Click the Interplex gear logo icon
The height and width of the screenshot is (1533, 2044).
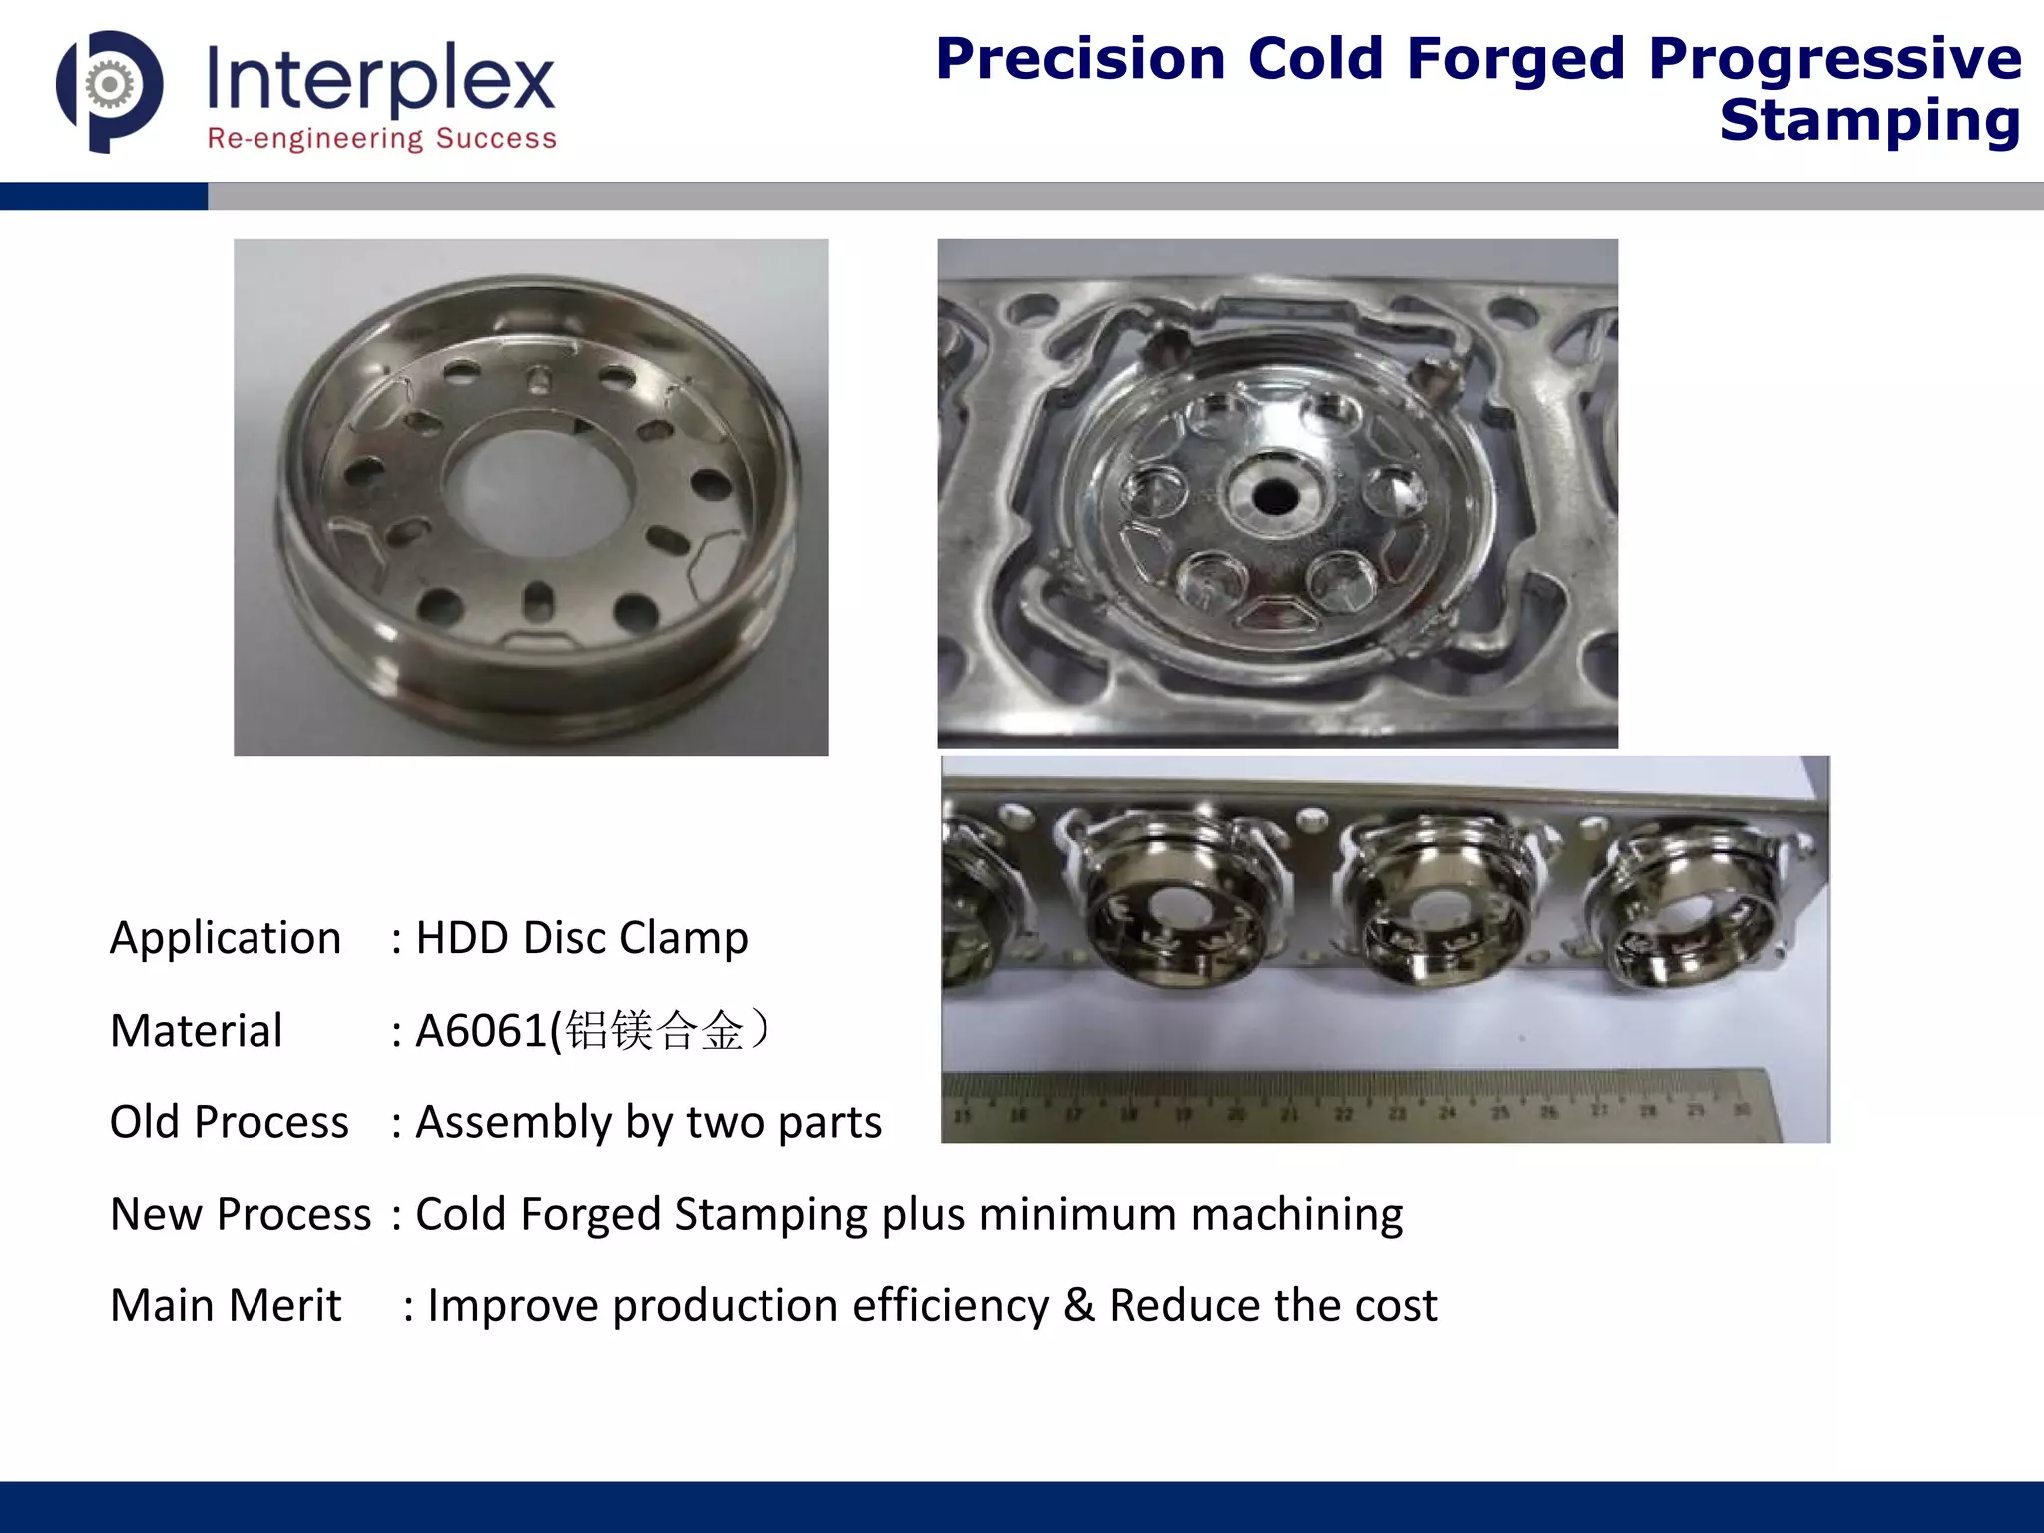110,90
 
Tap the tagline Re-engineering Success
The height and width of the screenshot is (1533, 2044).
381,138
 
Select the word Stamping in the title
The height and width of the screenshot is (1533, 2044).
1869,122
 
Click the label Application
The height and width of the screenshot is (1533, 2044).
226,938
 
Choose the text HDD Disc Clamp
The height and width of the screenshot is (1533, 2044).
582,938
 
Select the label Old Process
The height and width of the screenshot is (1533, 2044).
230,1122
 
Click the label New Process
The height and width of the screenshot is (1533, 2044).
241,1214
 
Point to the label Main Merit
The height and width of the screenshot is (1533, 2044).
226,1305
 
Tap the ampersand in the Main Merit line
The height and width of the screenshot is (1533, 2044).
1078,1305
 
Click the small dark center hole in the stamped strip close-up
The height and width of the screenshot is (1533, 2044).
1274,493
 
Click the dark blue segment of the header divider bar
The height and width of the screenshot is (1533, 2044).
104,196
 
